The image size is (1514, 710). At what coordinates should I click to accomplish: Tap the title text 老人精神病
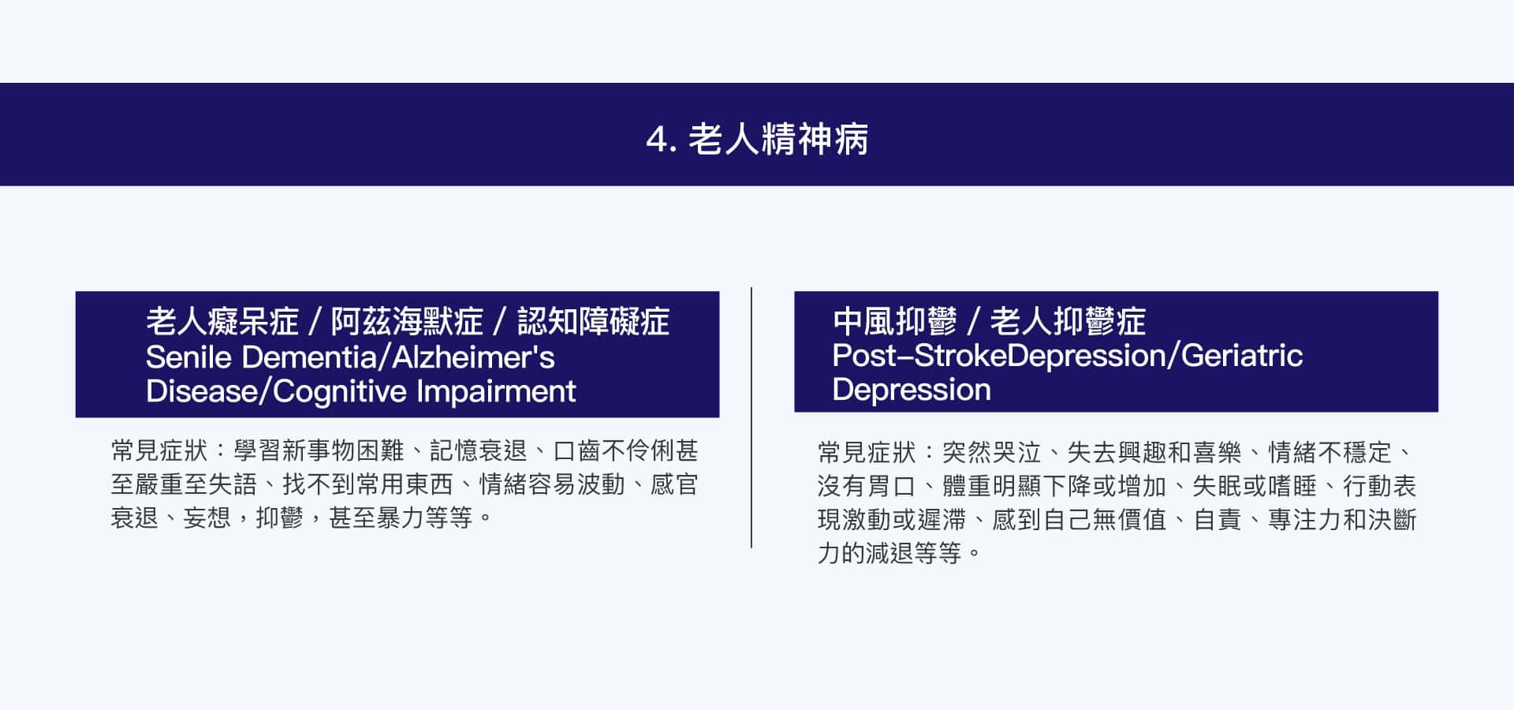point(778,140)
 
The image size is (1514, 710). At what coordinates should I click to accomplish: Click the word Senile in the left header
point(188,357)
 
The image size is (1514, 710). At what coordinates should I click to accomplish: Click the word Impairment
point(496,391)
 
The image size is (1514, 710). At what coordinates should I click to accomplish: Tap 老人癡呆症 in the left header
point(222,322)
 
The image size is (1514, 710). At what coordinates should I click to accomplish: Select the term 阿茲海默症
point(407,322)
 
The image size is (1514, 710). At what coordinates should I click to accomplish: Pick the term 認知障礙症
point(593,322)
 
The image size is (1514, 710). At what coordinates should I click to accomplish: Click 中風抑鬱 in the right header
point(894,322)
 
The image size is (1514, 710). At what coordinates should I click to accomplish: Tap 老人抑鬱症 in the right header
point(1068,322)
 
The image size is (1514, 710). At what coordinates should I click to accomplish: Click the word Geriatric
point(1242,356)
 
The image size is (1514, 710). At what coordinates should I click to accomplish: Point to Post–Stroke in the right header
point(920,356)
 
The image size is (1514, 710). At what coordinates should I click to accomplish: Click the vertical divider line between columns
point(751,417)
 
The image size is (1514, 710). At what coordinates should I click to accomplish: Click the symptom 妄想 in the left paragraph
point(207,518)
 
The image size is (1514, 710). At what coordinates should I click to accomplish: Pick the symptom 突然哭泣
point(992,453)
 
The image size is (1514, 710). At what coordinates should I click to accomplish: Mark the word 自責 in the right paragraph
point(1218,521)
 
